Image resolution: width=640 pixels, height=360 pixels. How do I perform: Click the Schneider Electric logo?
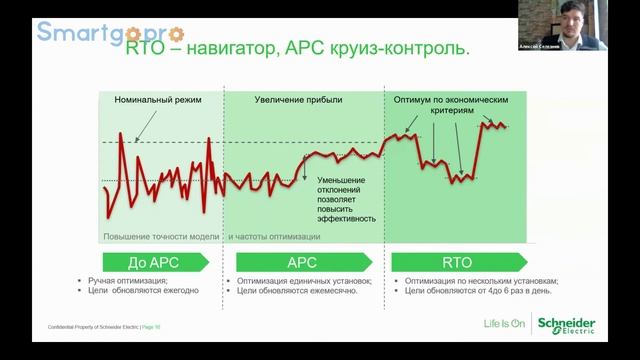[567, 326]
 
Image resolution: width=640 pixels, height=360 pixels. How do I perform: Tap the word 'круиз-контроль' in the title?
[383, 47]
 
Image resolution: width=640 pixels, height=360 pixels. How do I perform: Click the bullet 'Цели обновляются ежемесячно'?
[301, 291]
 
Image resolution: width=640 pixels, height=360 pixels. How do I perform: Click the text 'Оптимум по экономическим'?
[459, 101]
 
